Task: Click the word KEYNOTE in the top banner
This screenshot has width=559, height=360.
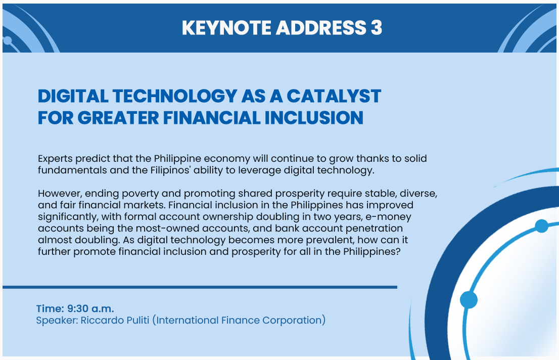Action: (226, 28)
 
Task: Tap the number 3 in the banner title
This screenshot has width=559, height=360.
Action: (376, 28)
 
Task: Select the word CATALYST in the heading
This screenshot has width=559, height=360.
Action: (334, 96)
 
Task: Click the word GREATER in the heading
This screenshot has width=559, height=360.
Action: (118, 118)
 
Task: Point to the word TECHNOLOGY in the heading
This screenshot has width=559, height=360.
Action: (175, 96)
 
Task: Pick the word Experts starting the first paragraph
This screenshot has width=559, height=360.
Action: (55, 159)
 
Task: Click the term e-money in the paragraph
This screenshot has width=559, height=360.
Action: (388, 217)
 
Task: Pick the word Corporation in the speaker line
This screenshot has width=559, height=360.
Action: (292, 320)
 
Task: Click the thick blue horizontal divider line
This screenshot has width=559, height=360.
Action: (200, 287)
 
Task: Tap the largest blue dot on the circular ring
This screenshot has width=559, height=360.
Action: (469, 300)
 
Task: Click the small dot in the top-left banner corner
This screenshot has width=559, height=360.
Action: (7, 40)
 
